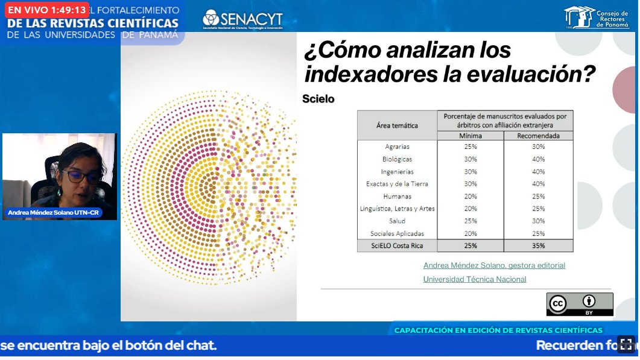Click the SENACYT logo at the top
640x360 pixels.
pos(242,19)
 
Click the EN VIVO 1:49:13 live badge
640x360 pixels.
pos(47,10)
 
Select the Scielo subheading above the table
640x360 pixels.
pos(318,99)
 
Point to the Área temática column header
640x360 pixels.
pos(397,125)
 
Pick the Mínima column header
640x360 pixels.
pos(470,136)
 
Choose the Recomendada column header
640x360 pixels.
pos(538,136)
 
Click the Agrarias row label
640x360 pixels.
pos(397,147)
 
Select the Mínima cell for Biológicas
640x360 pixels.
pos(470,159)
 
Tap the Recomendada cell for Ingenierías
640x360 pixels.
pos(538,172)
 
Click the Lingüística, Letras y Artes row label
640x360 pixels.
pos(397,209)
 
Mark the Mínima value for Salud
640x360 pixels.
pos(470,221)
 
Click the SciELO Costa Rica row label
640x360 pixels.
pos(397,246)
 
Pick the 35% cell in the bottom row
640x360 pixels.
pos(538,246)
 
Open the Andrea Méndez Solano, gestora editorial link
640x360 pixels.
pos(494,265)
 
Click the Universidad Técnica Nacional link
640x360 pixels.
pos(475,279)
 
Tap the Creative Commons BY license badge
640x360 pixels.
pos(579,305)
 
